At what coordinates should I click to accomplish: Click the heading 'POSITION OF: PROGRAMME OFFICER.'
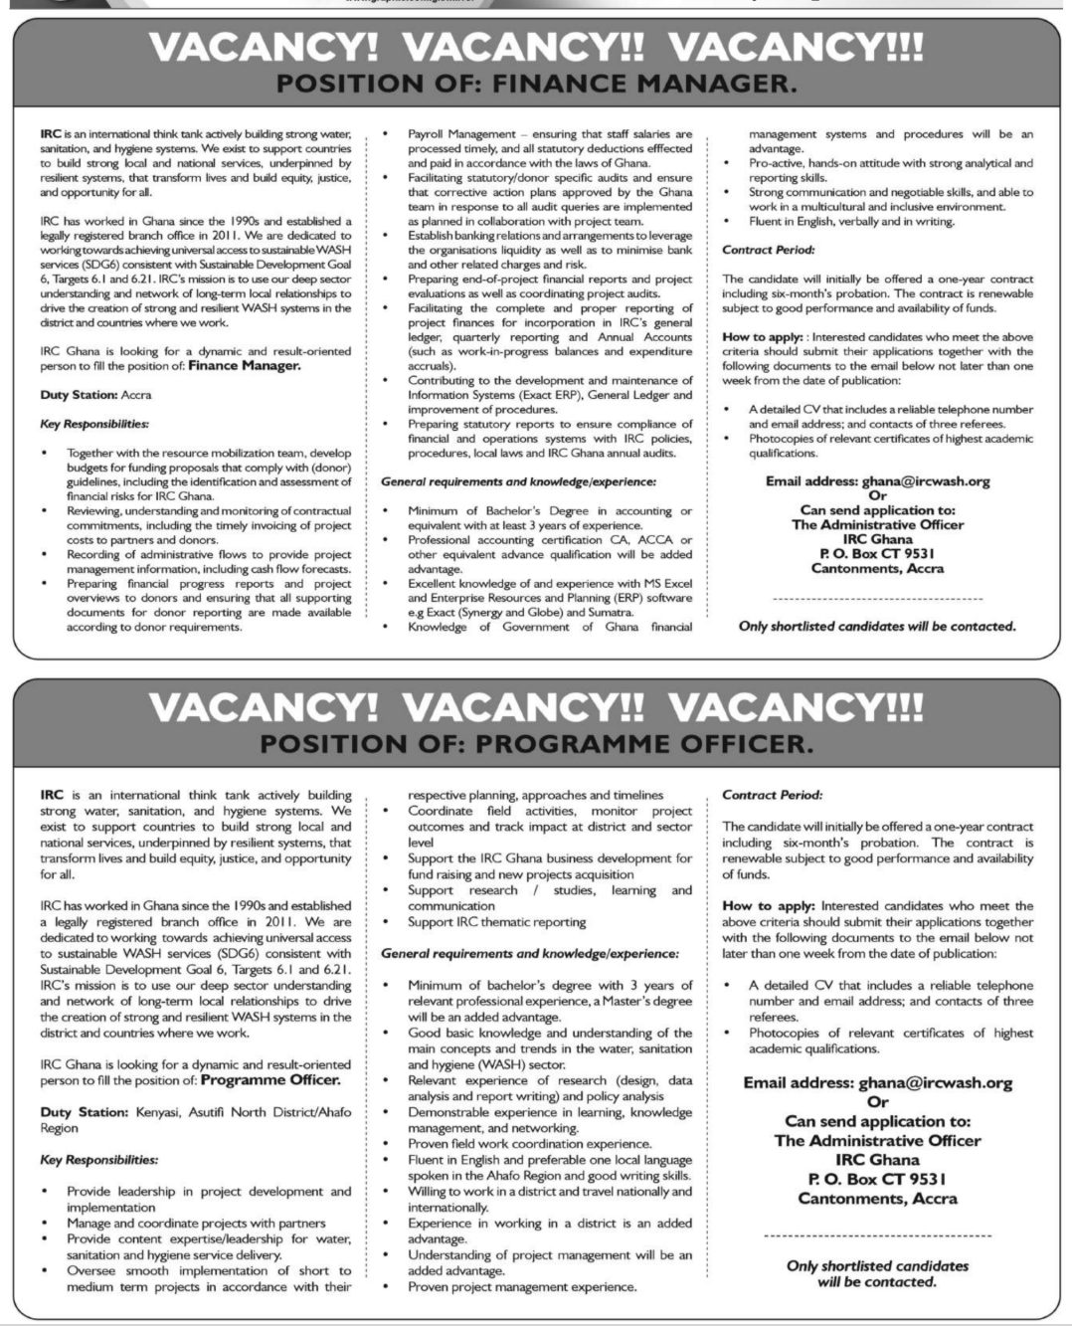coord(536,743)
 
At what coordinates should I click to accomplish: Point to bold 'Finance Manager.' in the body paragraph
coord(244,366)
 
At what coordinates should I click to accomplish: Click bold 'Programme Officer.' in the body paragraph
coord(270,1079)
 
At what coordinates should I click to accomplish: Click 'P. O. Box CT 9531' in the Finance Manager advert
coord(877,554)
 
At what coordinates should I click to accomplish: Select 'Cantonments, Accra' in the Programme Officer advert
coord(877,1199)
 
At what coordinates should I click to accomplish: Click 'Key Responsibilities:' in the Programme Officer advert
coord(98,1160)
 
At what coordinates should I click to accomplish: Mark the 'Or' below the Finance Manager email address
coord(877,495)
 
